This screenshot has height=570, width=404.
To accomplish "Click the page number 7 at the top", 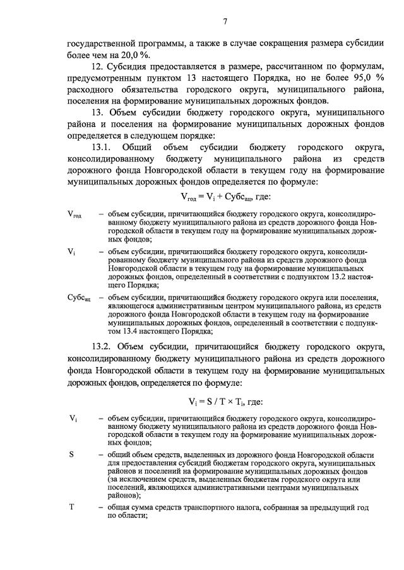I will (225, 23).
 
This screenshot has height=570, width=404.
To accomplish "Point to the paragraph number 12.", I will (97, 66).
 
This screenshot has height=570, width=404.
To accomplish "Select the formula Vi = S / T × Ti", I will (225, 402).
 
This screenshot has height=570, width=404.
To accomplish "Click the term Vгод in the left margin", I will (74, 216).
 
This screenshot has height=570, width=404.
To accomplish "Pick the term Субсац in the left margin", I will (79, 298).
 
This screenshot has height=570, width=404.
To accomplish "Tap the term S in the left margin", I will (71, 453).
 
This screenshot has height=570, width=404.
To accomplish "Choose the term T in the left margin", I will (71, 507).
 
